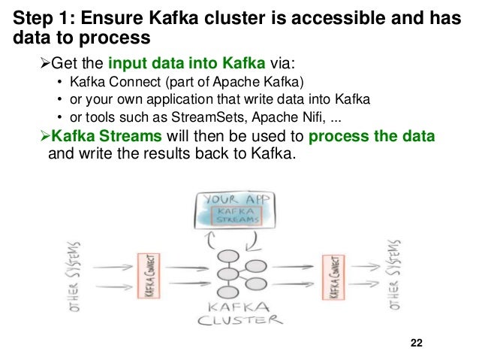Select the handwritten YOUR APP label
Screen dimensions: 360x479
pos(235,201)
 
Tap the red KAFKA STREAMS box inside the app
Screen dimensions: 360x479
pos(236,216)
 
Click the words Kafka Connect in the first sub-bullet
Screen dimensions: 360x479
pos(109,83)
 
